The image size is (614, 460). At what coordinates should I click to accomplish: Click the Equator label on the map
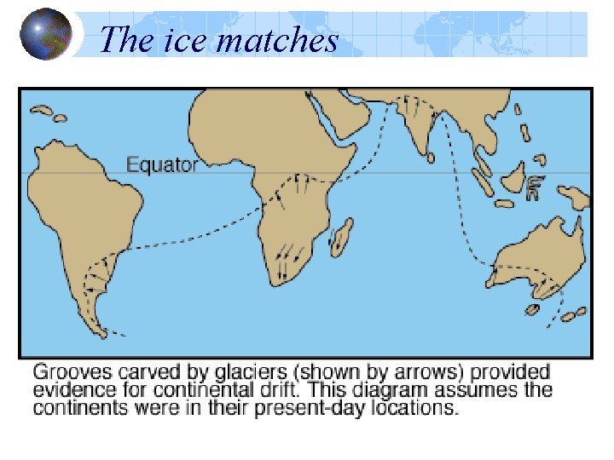[x=162, y=164]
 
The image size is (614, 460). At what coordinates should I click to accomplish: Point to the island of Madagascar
[x=342, y=236]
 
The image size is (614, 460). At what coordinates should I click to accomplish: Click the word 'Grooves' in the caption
[x=67, y=372]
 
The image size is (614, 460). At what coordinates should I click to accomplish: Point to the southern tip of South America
[x=101, y=331]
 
